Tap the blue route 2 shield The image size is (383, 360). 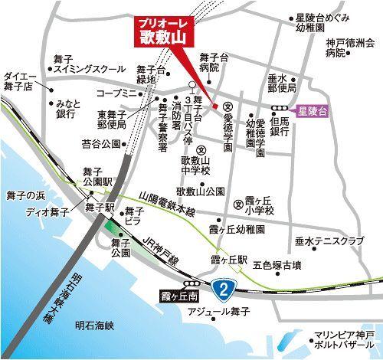[x=223, y=289]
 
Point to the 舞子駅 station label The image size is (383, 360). [x=100, y=207]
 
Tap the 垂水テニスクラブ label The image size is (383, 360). [x=329, y=241]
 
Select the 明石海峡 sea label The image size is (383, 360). [x=99, y=326]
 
